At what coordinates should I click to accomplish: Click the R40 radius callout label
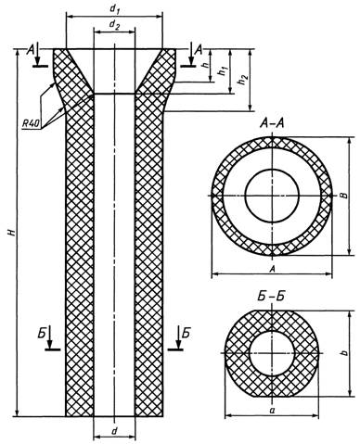point(31,124)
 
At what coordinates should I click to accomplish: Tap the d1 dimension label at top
point(115,9)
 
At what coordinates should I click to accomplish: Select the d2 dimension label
point(114,26)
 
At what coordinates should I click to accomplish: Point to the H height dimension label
point(12,233)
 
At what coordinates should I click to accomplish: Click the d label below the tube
point(114,431)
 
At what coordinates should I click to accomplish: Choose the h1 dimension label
point(222,71)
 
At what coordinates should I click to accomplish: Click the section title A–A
point(272,124)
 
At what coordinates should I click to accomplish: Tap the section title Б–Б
point(271,297)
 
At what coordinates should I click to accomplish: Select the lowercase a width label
point(272,411)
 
